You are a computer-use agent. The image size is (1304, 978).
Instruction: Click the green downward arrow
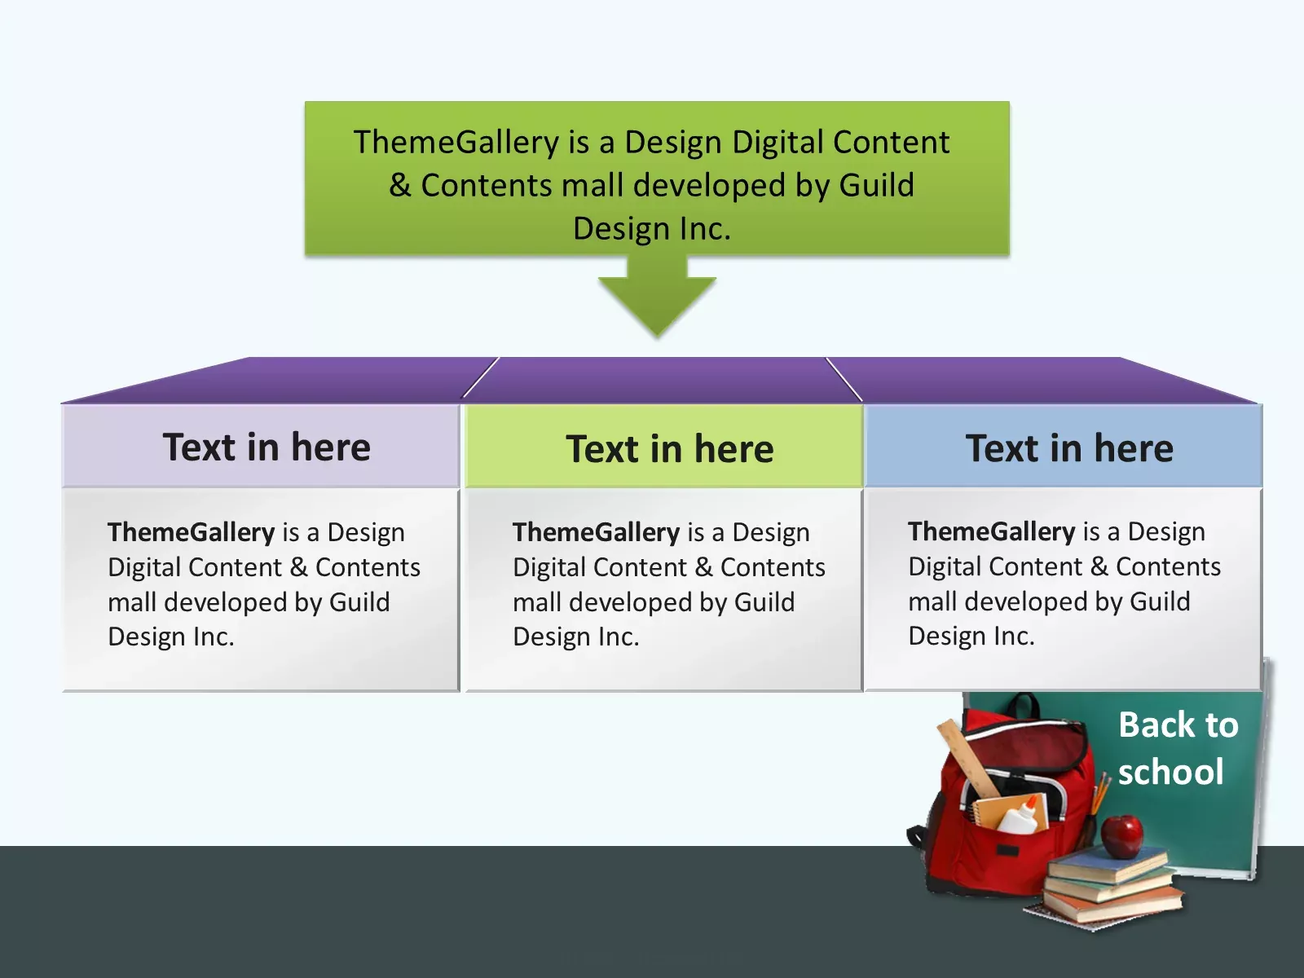[657, 297]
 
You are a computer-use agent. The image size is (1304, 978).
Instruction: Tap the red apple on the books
[1122, 835]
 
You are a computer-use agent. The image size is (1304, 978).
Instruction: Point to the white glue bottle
[1020, 816]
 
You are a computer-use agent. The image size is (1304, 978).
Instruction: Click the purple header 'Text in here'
[267, 447]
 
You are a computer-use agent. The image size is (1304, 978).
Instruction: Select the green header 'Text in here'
[670, 449]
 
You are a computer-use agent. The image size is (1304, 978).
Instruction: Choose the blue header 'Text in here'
[1069, 448]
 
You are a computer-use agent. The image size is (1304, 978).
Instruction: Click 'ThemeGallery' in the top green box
[456, 143]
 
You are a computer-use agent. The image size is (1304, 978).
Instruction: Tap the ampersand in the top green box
[399, 186]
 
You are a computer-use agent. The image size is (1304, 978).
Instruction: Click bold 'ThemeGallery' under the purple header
[191, 532]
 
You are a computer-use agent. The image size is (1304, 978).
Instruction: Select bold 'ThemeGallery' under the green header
[596, 532]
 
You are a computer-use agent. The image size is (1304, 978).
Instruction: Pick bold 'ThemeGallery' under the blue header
[991, 531]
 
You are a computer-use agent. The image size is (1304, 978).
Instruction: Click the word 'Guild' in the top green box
[876, 186]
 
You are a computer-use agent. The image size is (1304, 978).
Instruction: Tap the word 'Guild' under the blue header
[1160, 601]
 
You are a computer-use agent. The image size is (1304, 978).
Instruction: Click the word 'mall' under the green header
[537, 602]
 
